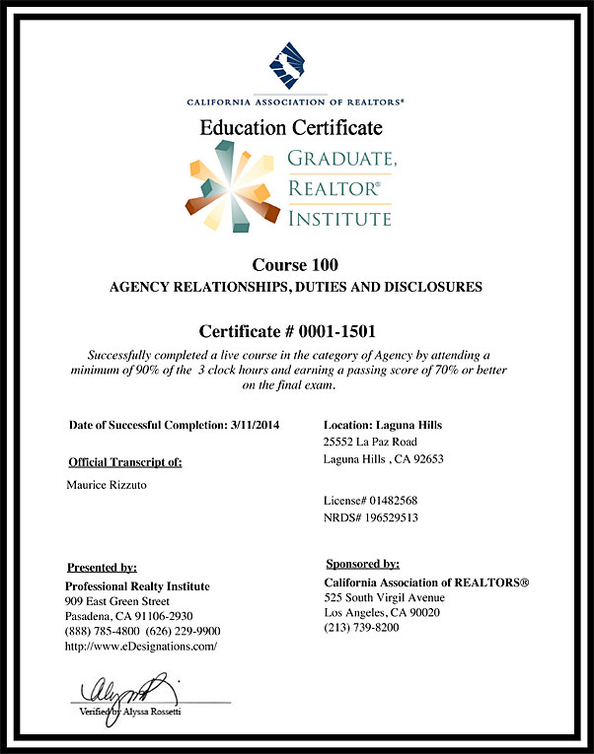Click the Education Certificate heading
(291, 128)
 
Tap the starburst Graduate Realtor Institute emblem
(235, 186)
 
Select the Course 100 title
(296, 264)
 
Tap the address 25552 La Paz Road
(370, 442)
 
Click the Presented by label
(102, 568)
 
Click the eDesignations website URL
(140, 647)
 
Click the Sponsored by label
(362, 564)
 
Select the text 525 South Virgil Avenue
(385, 597)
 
